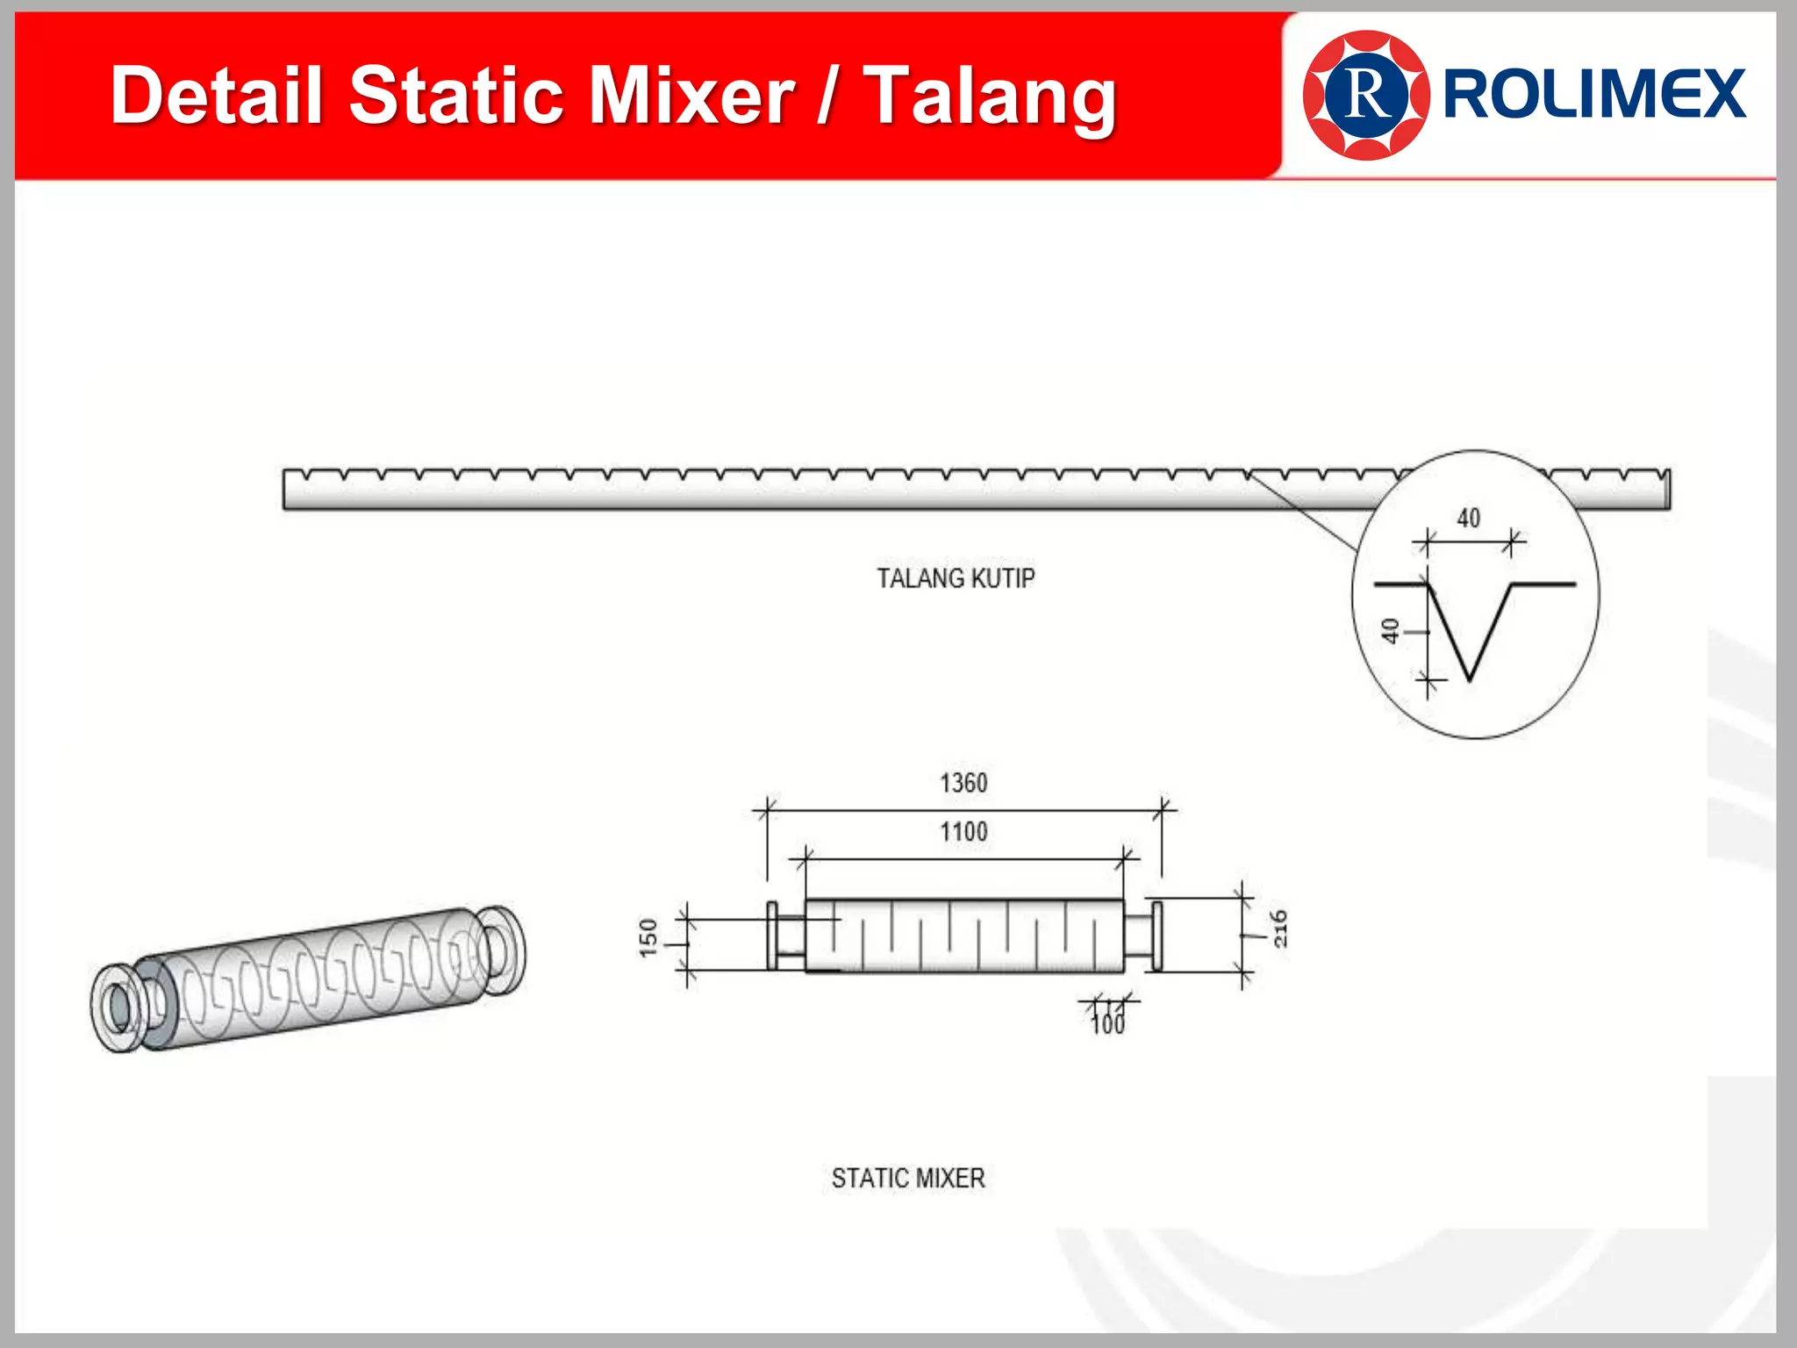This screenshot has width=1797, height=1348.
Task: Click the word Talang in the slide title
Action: (x=991, y=97)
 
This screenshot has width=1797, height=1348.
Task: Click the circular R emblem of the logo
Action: (x=1366, y=95)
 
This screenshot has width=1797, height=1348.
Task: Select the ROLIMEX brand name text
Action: (x=1594, y=94)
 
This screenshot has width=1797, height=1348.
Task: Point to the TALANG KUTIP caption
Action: (x=956, y=578)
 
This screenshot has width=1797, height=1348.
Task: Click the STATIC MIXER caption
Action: (x=908, y=1178)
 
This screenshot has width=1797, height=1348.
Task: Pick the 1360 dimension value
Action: (x=963, y=783)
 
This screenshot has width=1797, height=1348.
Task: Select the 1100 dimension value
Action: (x=963, y=831)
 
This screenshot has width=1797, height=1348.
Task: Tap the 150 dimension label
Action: (x=648, y=937)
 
